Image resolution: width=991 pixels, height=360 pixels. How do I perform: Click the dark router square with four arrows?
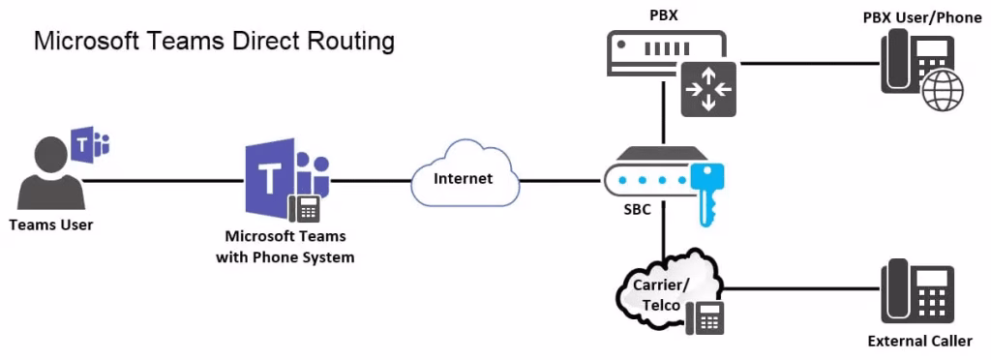pos(708,89)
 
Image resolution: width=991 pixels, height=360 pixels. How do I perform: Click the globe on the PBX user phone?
pos(943,95)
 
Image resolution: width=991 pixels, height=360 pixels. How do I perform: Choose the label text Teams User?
pos(50,225)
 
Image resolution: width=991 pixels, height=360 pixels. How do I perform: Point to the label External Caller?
pos(919,341)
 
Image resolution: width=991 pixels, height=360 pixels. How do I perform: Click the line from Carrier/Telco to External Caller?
pos(798,287)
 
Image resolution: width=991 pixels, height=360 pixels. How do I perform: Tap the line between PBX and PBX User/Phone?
pos(808,64)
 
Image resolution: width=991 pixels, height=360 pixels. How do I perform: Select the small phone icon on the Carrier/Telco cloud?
pos(705,317)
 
